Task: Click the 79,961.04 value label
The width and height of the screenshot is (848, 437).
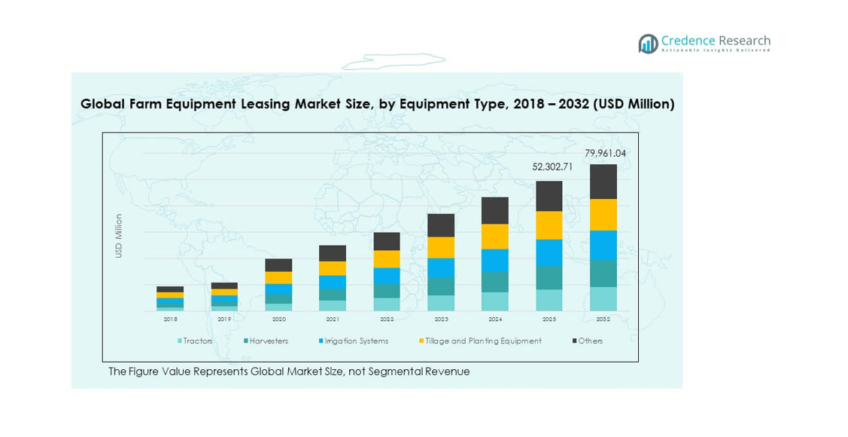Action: [x=605, y=154]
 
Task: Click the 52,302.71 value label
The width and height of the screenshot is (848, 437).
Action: [x=549, y=167]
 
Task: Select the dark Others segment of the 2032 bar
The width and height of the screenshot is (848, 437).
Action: [x=603, y=182]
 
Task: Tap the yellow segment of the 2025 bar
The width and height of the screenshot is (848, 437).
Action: [x=549, y=225]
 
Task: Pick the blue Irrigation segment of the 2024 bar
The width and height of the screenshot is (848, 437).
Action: [x=494, y=260]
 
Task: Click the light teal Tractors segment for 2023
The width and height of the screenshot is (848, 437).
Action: [x=440, y=303]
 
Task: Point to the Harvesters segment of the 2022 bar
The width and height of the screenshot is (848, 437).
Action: [x=387, y=291]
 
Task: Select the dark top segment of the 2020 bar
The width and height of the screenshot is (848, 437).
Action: [x=278, y=265]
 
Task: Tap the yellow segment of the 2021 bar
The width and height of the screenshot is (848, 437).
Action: [x=333, y=268]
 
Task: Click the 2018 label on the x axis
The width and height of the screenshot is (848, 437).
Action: [x=171, y=319]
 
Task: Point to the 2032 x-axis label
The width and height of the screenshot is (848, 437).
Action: [x=603, y=319]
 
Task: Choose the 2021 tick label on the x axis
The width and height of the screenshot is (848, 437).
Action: [x=333, y=319]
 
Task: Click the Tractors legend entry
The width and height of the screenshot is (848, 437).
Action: [x=195, y=341]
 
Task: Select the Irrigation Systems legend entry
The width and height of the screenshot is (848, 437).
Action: [x=354, y=341]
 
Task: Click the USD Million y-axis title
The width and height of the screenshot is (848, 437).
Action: [x=119, y=236]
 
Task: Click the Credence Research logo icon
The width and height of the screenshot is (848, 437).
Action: [x=648, y=43]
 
